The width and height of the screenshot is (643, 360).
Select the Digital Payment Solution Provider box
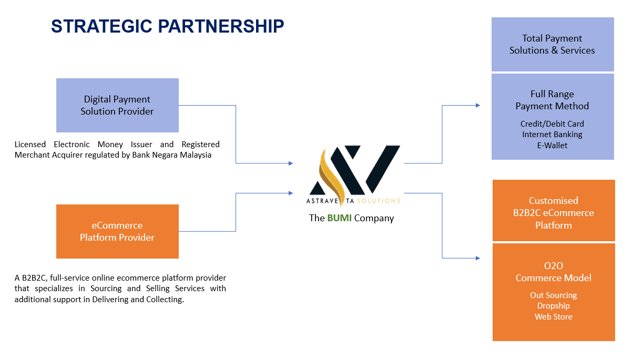pyautogui.click(x=117, y=105)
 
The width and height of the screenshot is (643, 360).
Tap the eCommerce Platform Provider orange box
pyautogui.click(x=117, y=231)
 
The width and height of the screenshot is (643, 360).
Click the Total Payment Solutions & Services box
pyautogui.click(x=552, y=44)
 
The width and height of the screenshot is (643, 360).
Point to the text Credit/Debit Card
pyautogui.click(x=552, y=124)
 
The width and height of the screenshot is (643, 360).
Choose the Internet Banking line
pyautogui.click(x=552, y=135)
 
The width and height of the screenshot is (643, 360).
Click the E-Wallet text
pyautogui.click(x=552, y=146)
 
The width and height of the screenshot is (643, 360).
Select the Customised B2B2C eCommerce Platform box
pyautogui.click(x=553, y=212)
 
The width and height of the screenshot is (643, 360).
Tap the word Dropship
pyautogui.click(x=553, y=306)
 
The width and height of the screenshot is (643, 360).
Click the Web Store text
pyautogui.click(x=553, y=317)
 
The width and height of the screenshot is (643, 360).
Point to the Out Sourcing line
pyautogui.click(x=553, y=295)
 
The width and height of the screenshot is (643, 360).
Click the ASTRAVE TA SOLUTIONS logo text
pyautogui.click(x=353, y=201)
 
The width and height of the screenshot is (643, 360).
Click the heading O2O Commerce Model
pyautogui.click(x=553, y=272)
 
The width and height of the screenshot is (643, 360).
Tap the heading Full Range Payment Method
pyautogui.click(x=552, y=100)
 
